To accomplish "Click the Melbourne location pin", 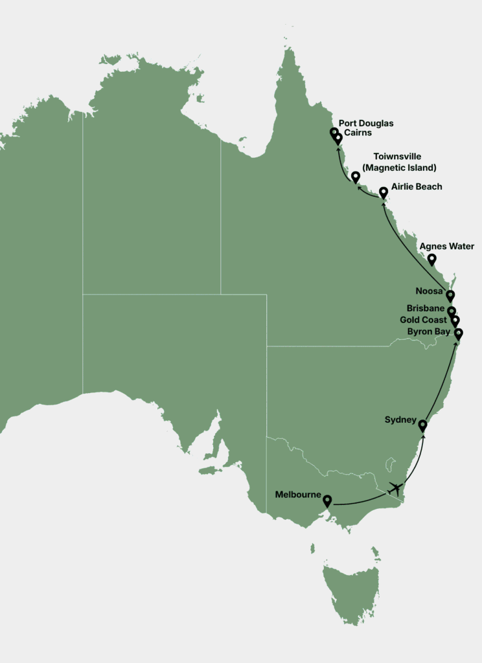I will [327, 500].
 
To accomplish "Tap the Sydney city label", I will [400, 420].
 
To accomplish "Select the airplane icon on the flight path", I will [395, 488].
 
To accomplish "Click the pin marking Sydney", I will [422, 425].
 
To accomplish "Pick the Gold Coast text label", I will [423, 320].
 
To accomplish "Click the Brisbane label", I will [426, 308].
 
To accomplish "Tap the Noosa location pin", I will [450, 296].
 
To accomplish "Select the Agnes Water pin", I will [431, 259].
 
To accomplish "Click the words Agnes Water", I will [446, 247].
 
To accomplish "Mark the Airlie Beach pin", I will [383, 192].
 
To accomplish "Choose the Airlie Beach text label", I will [417, 186].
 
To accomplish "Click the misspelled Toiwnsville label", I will [397, 157].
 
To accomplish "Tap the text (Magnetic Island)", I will [399, 168].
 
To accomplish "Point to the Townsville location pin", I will [355, 176].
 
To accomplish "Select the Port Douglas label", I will [366, 124].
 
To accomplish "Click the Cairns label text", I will [358, 133].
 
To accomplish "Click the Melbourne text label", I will [298, 495].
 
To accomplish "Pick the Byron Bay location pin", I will [459, 333].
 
